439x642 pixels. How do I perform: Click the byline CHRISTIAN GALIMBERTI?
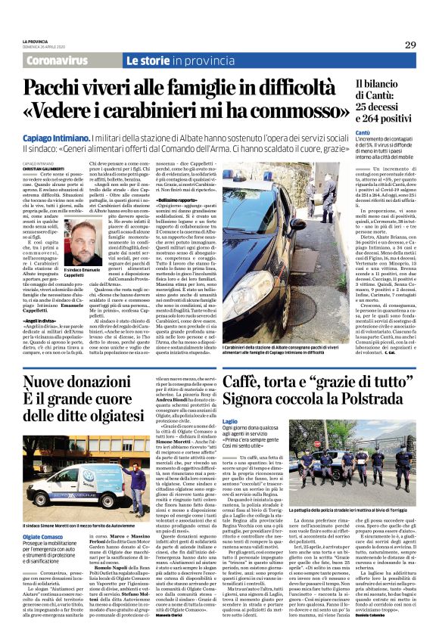click(41, 172)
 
